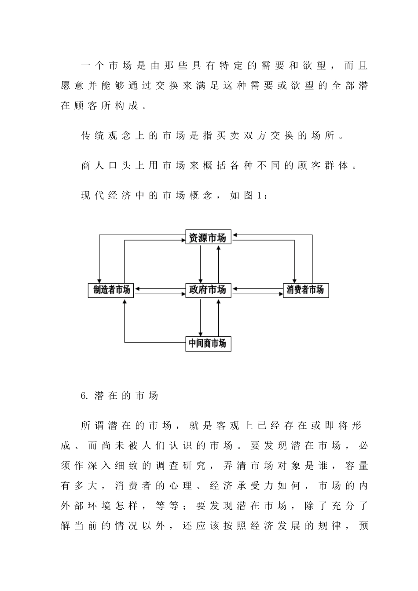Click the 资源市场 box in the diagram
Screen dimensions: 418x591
[x=208, y=238]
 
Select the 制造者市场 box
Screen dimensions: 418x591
[x=111, y=290]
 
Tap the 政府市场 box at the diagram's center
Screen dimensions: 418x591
[x=208, y=290]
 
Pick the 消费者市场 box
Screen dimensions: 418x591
[x=305, y=290]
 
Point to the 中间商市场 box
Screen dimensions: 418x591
[x=208, y=343]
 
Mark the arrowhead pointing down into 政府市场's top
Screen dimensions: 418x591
[x=201, y=280]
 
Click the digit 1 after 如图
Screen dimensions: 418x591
[x=259, y=195]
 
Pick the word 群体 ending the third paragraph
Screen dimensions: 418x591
[x=337, y=165]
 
